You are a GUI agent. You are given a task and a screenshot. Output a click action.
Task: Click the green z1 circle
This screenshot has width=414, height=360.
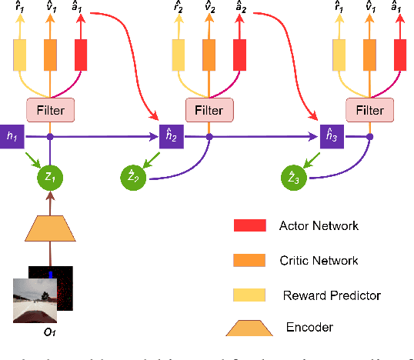click(x=51, y=178)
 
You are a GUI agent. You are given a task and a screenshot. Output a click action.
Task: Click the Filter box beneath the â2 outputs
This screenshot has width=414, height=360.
click(x=209, y=111)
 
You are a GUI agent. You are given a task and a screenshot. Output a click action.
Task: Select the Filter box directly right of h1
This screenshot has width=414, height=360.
click(x=50, y=111)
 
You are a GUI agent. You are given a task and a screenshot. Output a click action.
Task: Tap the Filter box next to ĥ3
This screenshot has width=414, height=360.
click(x=369, y=111)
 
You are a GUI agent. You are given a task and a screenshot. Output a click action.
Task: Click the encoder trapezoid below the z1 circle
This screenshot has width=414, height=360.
click(x=51, y=230)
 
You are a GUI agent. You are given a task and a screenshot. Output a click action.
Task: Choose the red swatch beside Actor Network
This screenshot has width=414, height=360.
click(x=249, y=225)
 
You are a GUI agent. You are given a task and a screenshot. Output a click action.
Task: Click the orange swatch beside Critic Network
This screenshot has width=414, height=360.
click(x=249, y=260)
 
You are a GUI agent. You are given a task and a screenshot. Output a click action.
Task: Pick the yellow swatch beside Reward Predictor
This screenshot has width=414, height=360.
click(x=249, y=295)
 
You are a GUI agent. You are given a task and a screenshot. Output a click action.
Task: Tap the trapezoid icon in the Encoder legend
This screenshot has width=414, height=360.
click(x=249, y=327)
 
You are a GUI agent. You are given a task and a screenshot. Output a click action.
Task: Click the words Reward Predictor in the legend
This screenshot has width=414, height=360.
click(x=332, y=295)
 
